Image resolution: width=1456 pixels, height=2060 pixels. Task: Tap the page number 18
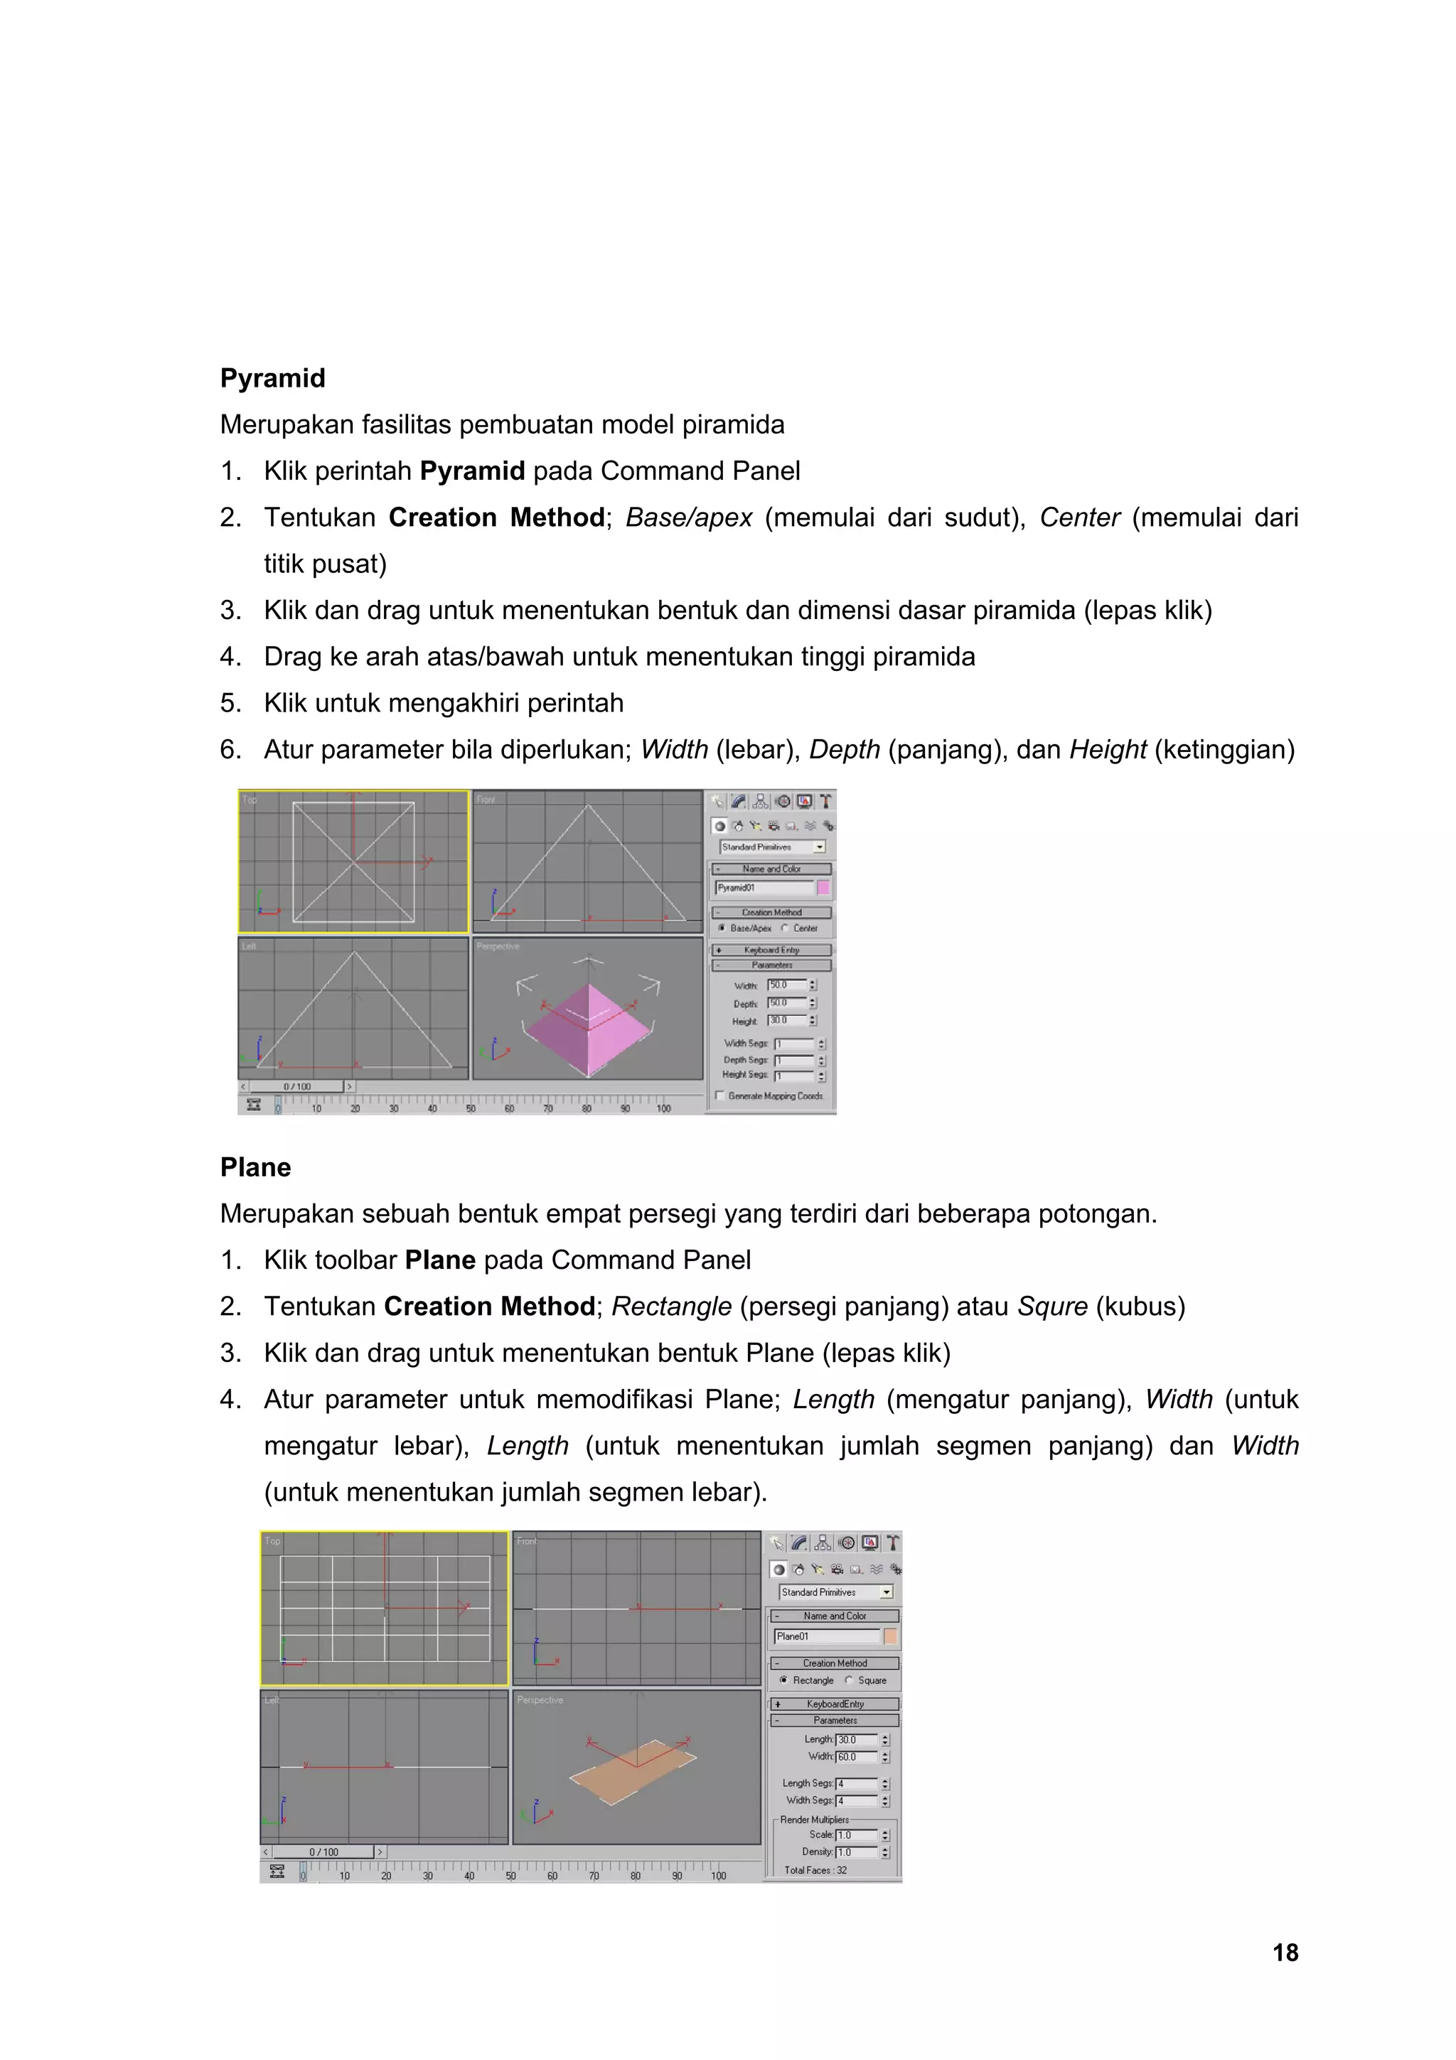pyautogui.click(x=1285, y=1953)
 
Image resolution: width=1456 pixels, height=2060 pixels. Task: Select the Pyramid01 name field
pyautogui.click(x=763, y=887)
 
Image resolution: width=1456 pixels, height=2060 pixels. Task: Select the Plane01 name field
pyautogui.click(x=825, y=1636)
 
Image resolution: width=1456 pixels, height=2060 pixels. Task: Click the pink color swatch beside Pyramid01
pyautogui.click(x=823, y=887)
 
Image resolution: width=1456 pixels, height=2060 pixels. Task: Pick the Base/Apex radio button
pyautogui.click(x=722, y=928)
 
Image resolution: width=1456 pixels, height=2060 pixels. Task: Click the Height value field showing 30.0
pyautogui.click(x=786, y=1021)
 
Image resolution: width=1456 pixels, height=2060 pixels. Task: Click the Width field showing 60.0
pyautogui.click(x=855, y=1756)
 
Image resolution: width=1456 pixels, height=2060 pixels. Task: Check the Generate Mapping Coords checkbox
pyautogui.click(x=719, y=1095)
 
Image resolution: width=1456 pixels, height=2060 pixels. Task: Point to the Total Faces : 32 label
pyautogui.click(x=815, y=1869)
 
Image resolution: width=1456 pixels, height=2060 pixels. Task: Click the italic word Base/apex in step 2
pyautogui.click(x=688, y=517)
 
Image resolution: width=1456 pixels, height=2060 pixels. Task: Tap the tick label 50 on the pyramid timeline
pyautogui.click(x=471, y=1109)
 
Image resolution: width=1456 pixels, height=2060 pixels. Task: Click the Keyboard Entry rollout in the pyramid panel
pyautogui.click(x=771, y=949)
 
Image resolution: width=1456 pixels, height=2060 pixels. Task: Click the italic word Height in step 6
pyautogui.click(x=1107, y=749)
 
